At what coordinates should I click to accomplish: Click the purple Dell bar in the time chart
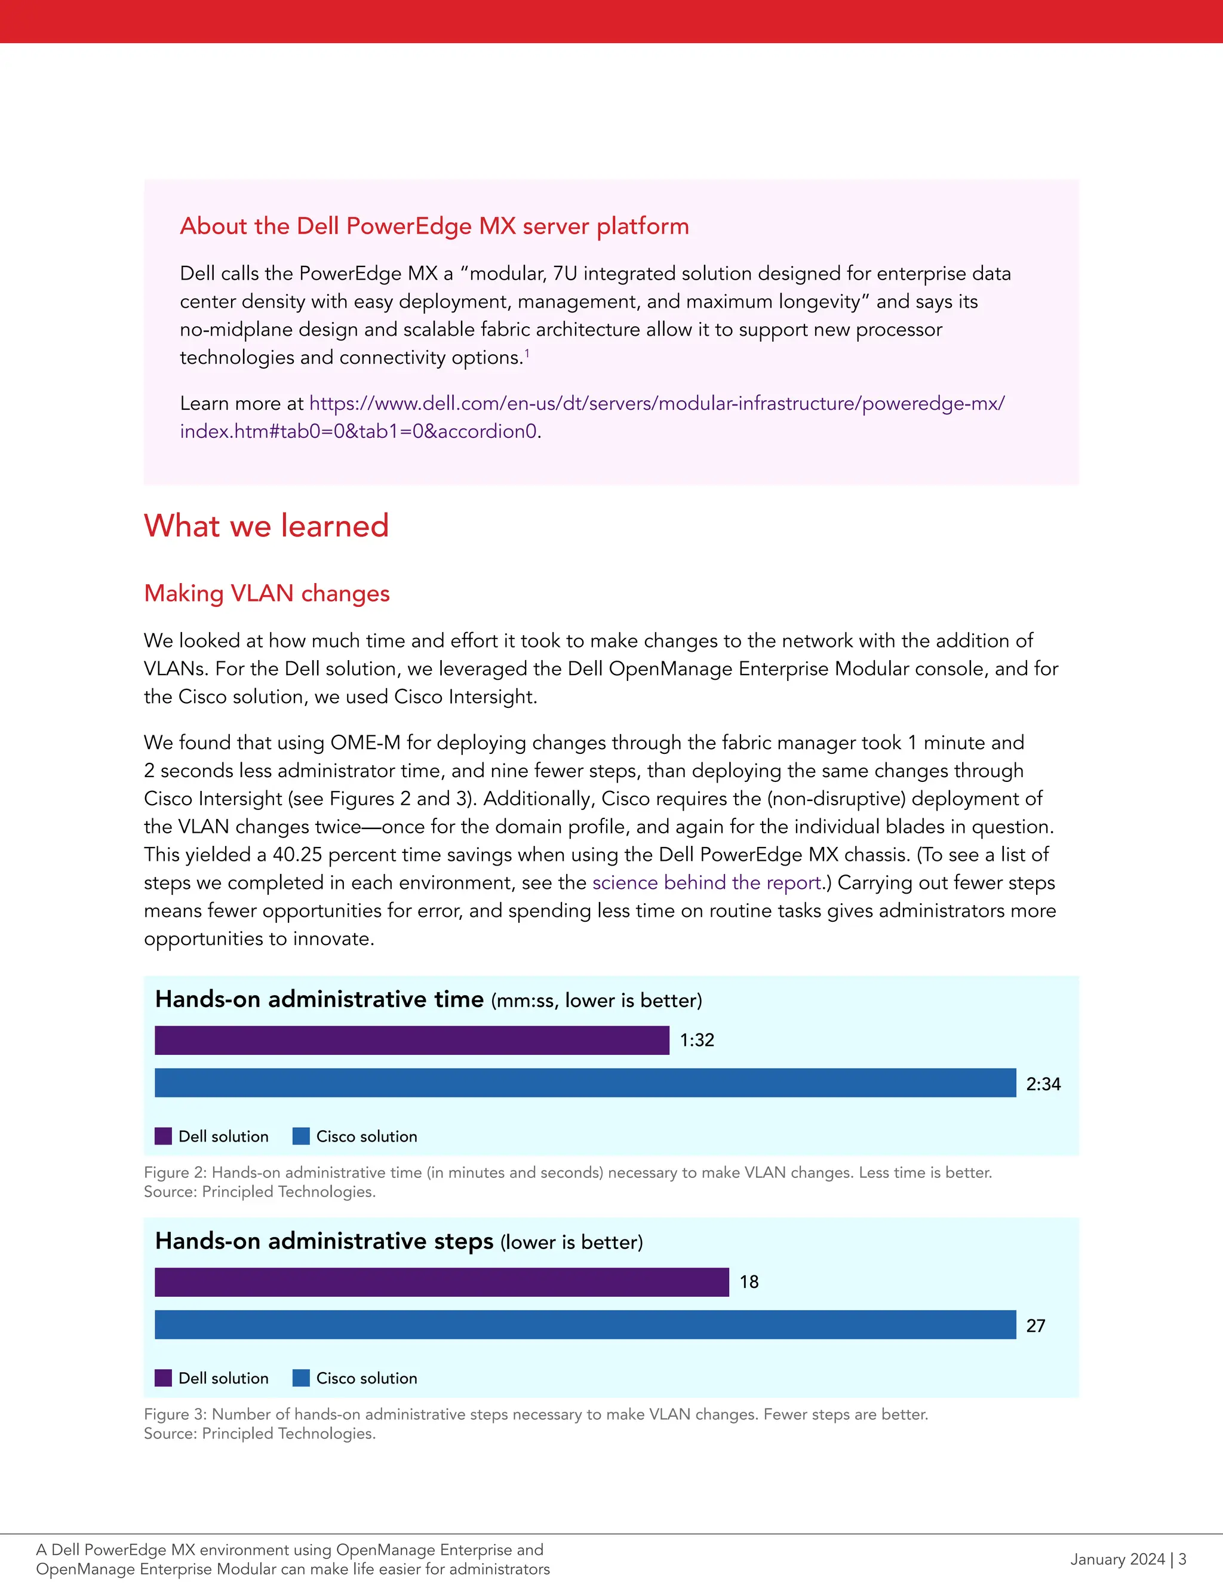tap(411, 1040)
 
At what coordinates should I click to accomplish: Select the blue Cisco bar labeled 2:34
tap(585, 1083)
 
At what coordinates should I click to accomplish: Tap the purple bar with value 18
tap(441, 1281)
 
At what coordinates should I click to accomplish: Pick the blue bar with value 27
tap(585, 1324)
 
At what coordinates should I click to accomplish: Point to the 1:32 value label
tap(697, 1040)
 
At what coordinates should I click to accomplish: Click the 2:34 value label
tap(1043, 1084)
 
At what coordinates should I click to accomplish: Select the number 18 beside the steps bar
tap(748, 1281)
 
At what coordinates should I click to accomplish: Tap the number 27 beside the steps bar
tap(1035, 1326)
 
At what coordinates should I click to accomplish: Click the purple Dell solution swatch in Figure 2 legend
tap(163, 1136)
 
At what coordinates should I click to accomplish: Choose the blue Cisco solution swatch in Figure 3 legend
tap(301, 1378)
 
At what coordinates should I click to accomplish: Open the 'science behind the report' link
tap(706, 882)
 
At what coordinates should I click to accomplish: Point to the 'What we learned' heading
tap(266, 526)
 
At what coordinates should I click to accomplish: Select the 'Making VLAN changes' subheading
tap(266, 593)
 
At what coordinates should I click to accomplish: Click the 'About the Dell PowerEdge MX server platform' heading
tap(434, 226)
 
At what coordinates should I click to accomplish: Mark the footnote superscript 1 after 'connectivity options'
tap(527, 353)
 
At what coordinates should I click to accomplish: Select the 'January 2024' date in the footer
tap(1117, 1559)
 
